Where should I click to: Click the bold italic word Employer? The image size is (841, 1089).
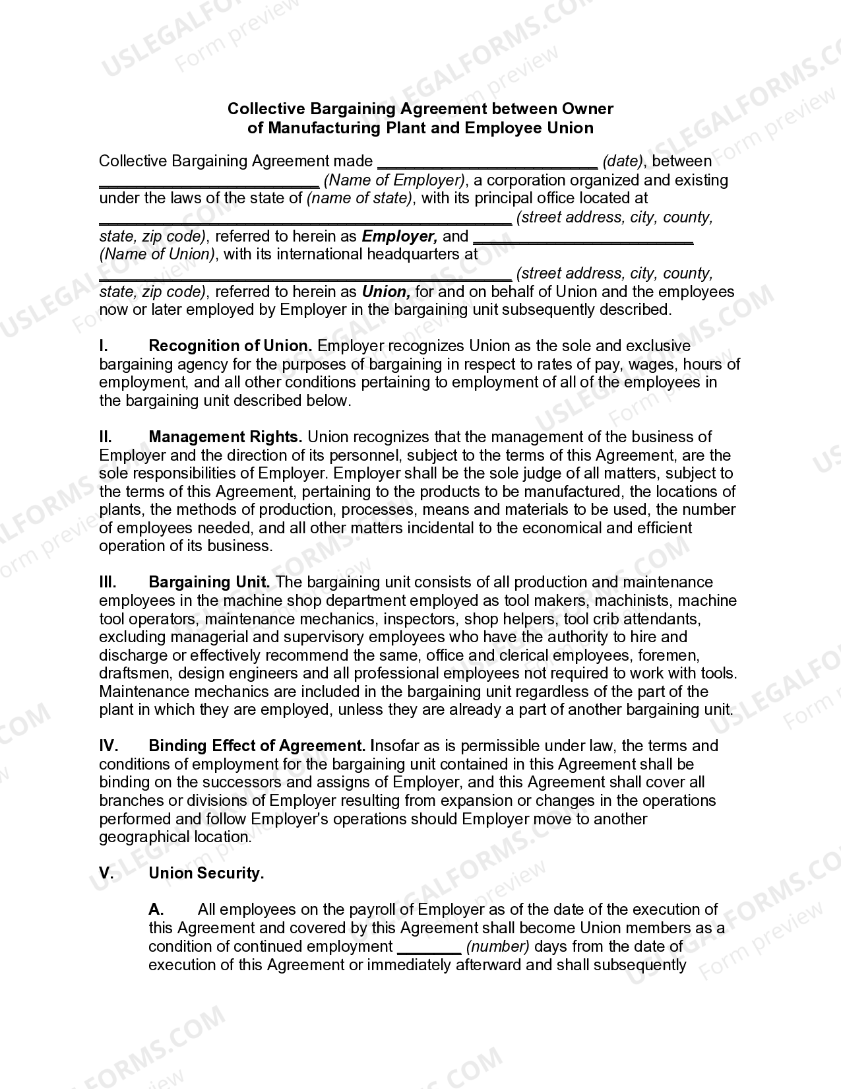(x=399, y=236)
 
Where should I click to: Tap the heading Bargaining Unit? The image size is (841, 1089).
(x=209, y=582)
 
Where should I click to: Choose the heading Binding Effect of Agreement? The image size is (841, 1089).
(x=257, y=746)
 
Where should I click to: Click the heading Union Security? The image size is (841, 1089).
(x=206, y=873)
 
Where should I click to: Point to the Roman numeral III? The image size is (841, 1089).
(x=108, y=582)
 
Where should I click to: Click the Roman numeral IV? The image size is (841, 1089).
(x=108, y=746)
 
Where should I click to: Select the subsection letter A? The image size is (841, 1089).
(x=156, y=909)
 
